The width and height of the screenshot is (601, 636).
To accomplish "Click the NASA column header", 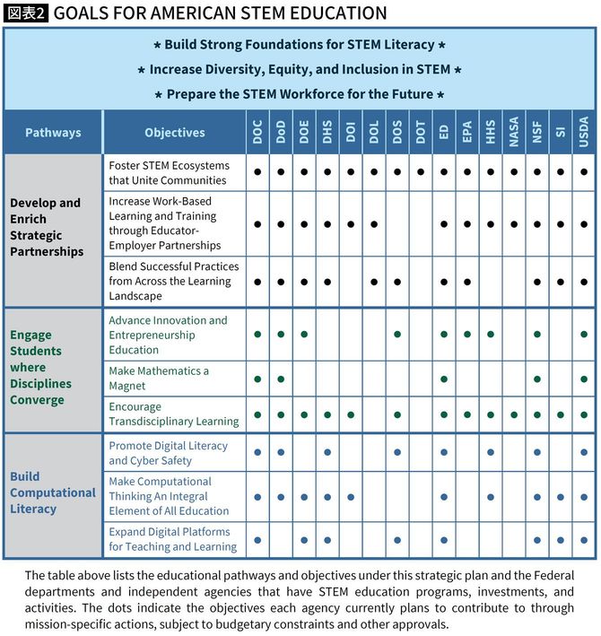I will click(x=514, y=132).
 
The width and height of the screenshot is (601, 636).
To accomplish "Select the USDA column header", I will click(x=584, y=132).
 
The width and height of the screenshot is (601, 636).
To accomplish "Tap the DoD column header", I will click(x=281, y=132).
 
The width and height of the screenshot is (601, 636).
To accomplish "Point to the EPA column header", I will click(x=467, y=132).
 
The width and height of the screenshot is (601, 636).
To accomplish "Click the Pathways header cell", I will click(x=53, y=133).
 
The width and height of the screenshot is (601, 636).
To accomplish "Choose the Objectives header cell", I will click(x=175, y=133).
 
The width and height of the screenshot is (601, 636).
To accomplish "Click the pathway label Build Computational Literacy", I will click(x=53, y=492).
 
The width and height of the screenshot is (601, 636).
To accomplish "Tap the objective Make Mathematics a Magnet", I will click(x=159, y=379).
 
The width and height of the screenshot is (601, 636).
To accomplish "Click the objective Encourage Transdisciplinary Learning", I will click(x=173, y=414).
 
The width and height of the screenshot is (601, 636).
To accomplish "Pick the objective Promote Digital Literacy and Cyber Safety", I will click(x=168, y=453).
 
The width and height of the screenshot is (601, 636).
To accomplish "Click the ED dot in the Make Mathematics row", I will click(x=444, y=379).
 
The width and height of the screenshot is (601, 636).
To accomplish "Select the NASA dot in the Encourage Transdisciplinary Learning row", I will click(x=514, y=414).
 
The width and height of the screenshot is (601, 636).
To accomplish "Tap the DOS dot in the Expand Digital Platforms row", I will click(x=397, y=540).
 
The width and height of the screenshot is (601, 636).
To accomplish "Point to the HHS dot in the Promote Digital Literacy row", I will click(x=491, y=453).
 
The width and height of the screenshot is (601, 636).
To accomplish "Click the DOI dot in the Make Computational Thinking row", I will click(x=351, y=496).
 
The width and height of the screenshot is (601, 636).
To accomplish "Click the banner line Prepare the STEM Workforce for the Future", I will click(x=300, y=94).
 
